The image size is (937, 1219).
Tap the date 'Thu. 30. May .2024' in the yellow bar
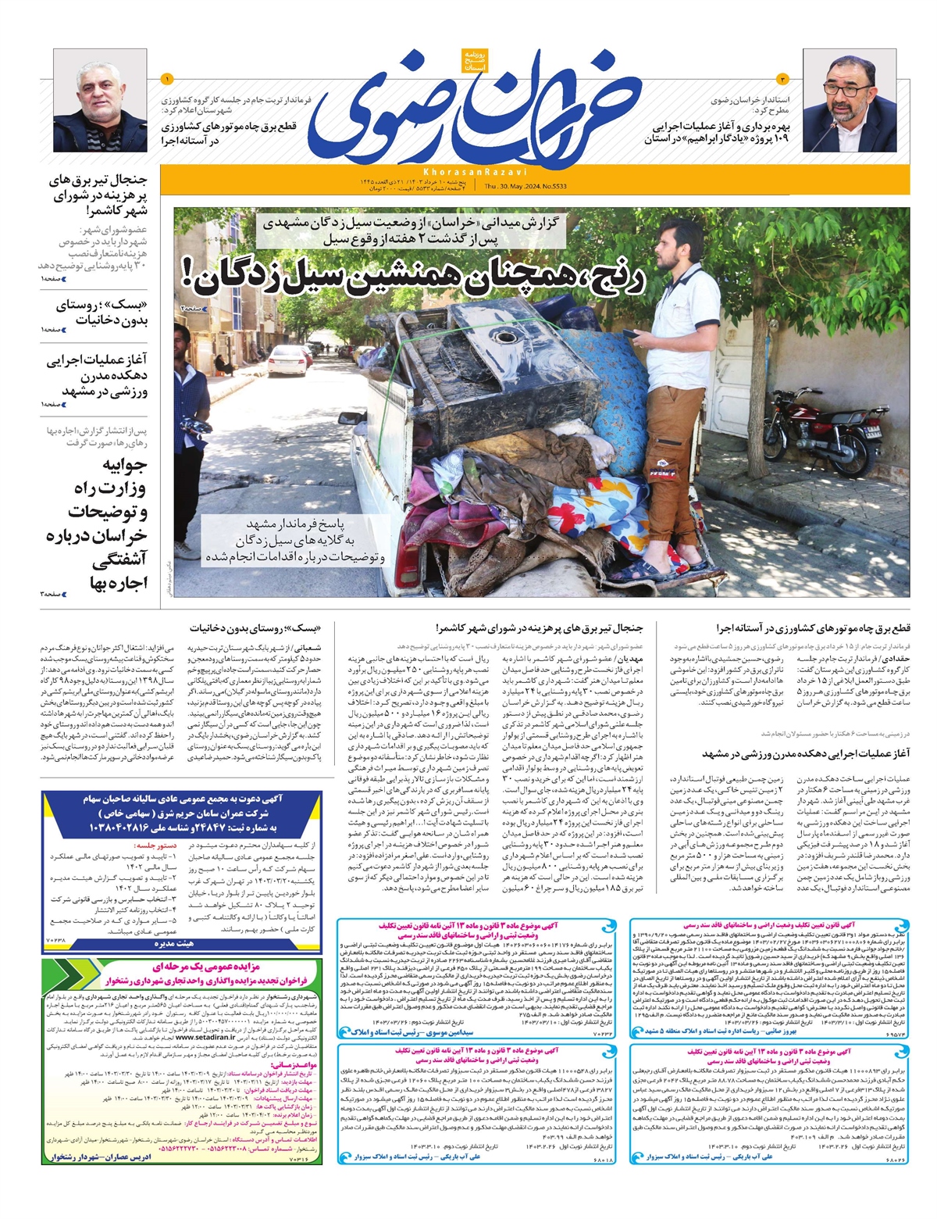pos(528,186)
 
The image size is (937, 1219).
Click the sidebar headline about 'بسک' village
pos(102,313)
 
